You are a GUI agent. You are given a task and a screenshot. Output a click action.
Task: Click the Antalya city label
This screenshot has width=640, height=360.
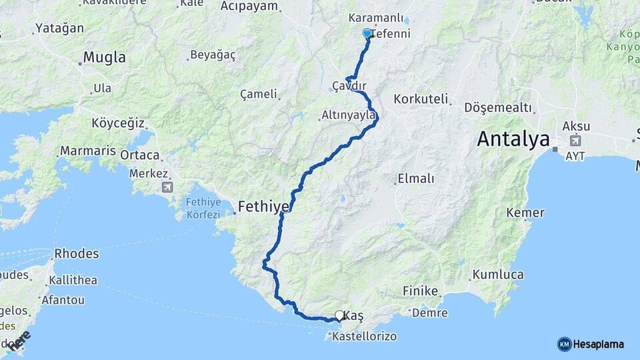coord(513,140)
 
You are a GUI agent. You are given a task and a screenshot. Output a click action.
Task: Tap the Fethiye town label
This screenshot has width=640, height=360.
coord(263,207)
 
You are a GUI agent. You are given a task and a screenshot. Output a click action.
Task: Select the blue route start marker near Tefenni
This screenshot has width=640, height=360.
coord(367,33)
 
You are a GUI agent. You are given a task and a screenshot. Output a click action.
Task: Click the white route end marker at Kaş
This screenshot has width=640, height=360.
coord(339,315)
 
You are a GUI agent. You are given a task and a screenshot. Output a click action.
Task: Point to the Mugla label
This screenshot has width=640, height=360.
coord(103,57)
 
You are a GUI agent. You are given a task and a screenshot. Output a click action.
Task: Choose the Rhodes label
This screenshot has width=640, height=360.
coord(77,253)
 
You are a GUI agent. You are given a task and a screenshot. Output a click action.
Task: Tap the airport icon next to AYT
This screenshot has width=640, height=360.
coord(575,141)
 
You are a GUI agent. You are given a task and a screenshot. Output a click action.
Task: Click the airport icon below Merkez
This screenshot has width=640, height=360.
coord(166,187)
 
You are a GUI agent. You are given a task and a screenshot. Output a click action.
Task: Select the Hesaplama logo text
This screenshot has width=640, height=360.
coord(597,344)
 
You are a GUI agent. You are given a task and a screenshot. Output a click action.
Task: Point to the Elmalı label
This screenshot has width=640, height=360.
coord(415,178)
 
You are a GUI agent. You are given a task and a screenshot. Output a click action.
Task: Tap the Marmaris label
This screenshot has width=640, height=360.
coord(88,151)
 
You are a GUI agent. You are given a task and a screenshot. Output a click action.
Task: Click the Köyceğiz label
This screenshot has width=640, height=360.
coord(119,123)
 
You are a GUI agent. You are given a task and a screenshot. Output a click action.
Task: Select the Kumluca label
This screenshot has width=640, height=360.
coord(498,275)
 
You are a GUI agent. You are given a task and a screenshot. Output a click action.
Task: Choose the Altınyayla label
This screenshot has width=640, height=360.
coord(349,115)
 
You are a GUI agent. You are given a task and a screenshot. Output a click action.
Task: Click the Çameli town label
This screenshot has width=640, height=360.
coord(258,94)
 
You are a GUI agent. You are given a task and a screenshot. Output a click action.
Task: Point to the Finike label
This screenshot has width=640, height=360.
coord(421,291)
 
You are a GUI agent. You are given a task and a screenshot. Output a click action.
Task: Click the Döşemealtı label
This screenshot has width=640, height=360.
coord(498,107)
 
